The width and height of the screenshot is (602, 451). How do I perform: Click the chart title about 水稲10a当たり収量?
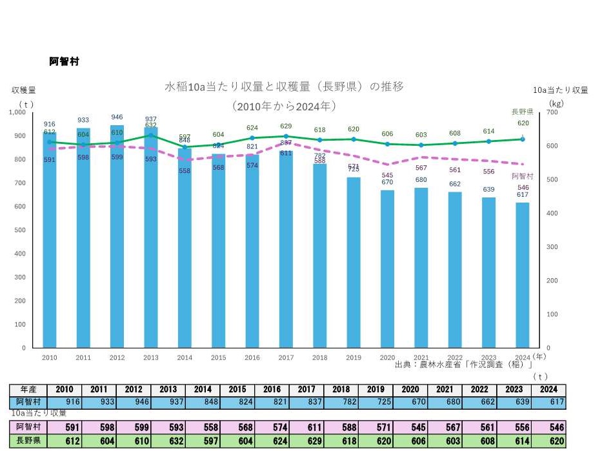click(x=284, y=86)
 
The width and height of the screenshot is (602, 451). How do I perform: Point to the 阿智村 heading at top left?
click(x=64, y=62)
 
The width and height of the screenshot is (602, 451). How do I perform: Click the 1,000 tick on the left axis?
click(x=17, y=112)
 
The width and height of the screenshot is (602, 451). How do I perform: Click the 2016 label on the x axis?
click(x=252, y=357)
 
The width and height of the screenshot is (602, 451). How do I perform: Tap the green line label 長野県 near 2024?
click(x=522, y=111)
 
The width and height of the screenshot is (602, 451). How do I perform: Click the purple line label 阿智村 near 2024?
click(x=522, y=175)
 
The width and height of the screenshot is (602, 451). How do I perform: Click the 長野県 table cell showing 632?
click(x=168, y=440)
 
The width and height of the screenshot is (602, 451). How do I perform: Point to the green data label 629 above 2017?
click(x=286, y=126)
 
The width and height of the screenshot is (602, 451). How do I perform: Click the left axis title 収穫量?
click(x=23, y=90)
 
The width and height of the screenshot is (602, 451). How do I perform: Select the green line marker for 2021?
click(x=421, y=145)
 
